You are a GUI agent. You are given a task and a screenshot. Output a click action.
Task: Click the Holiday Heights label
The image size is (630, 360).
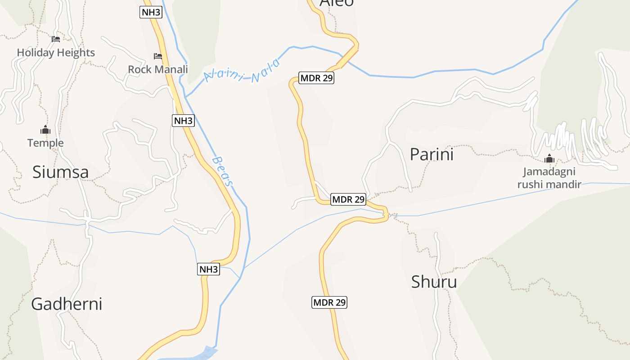click(x=56, y=53)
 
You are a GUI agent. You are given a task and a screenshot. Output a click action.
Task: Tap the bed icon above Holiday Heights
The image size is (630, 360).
click(x=56, y=39)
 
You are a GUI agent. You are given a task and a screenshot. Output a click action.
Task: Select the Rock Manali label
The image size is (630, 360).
click(x=158, y=69)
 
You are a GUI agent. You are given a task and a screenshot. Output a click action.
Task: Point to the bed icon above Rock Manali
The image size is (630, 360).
click(x=158, y=56)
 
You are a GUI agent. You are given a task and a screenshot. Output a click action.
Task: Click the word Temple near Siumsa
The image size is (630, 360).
click(x=45, y=143)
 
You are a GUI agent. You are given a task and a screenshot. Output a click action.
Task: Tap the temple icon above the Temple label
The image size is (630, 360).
click(x=45, y=130)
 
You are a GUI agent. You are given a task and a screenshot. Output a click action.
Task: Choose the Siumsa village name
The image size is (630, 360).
click(x=60, y=172)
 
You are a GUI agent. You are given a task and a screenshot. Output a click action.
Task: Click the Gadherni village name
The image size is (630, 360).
click(x=67, y=304)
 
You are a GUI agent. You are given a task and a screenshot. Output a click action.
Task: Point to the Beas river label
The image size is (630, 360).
click(x=223, y=171)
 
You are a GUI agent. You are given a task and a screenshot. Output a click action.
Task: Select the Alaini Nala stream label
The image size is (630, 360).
click(x=242, y=72)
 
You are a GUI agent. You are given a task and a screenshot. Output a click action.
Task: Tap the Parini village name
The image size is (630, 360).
click(x=432, y=154)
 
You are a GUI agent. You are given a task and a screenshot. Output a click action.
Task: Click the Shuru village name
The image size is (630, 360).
click(x=434, y=282)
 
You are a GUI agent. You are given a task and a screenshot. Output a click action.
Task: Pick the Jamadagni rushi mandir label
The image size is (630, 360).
click(x=549, y=178)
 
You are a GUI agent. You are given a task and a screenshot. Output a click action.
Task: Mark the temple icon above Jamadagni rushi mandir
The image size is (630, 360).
click(x=549, y=158)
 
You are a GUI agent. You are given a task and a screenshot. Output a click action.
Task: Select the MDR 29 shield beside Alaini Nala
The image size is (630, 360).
click(x=317, y=78)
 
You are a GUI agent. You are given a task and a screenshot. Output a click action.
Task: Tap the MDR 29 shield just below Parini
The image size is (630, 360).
click(x=348, y=199)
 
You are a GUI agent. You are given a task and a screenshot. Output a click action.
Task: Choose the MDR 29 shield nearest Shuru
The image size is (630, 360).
click(x=329, y=302)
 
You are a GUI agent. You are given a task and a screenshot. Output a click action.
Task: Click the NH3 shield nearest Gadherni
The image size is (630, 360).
click(x=209, y=270)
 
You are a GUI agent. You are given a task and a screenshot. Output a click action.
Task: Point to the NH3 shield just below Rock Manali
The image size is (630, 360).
click(x=183, y=121)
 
